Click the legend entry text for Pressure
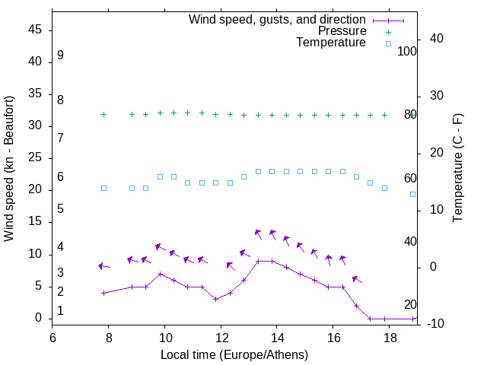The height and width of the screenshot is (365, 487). [x=342, y=31]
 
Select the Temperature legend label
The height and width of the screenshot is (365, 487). [x=331, y=43]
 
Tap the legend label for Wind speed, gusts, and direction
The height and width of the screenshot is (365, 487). [x=278, y=20]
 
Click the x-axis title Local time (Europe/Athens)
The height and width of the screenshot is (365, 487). [x=234, y=354]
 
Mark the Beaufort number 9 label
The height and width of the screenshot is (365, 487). [x=60, y=56]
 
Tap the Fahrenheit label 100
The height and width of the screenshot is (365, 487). [x=408, y=52]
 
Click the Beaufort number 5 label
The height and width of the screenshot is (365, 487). [x=60, y=208]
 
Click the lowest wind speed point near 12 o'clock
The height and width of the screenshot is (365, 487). [x=216, y=299]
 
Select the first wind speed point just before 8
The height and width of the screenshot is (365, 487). [x=103, y=293]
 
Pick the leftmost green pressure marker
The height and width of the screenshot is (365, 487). [x=103, y=114]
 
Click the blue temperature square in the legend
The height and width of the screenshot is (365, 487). [x=388, y=43]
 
